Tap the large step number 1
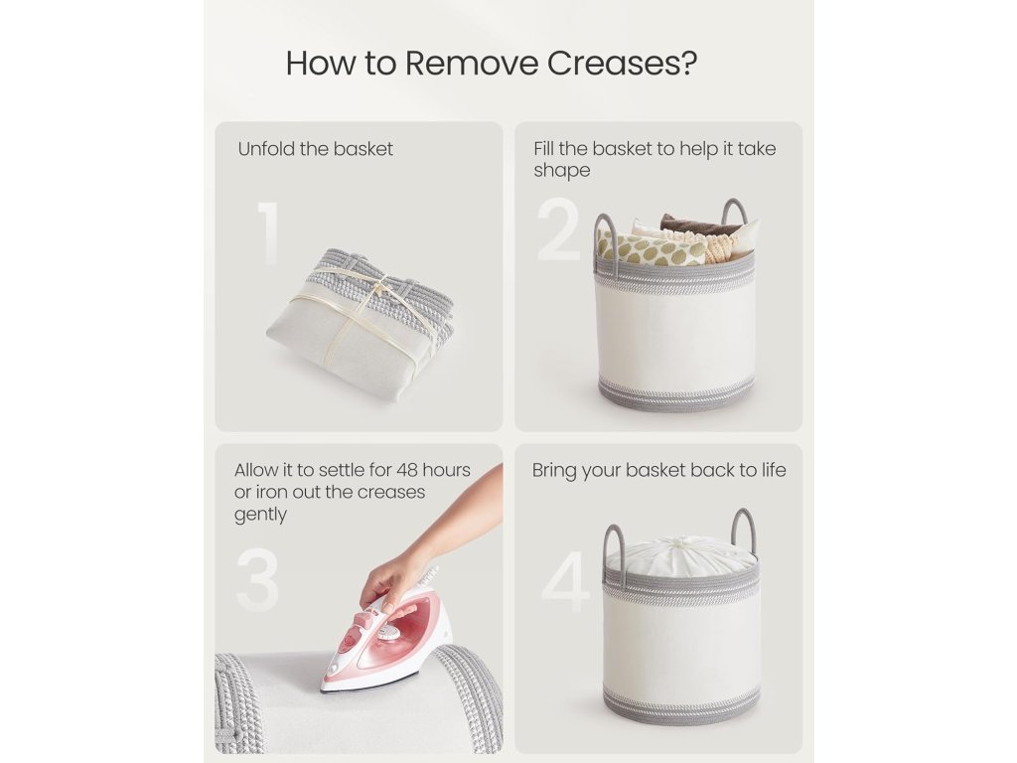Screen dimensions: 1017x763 268,232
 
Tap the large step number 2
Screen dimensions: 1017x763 558,229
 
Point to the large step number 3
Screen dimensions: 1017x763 258,580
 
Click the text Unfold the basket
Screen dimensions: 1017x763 315,149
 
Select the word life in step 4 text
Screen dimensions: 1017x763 773,470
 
